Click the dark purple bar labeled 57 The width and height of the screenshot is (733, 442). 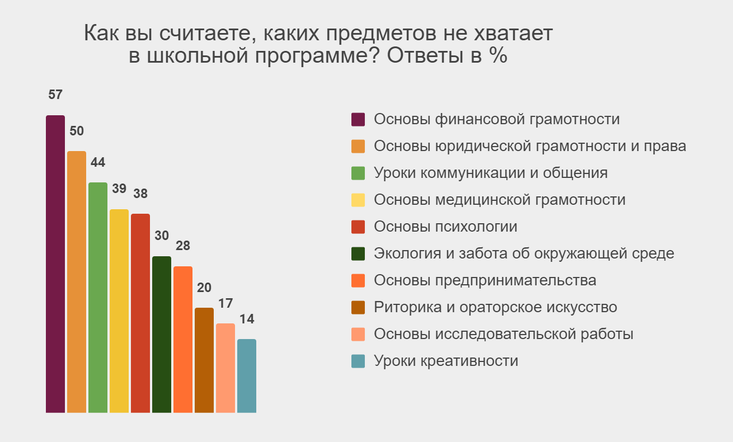point(55,264)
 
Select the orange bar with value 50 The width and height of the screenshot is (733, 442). point(77,282)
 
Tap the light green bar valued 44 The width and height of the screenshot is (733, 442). point(98,298)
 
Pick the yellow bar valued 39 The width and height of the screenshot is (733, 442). point(119,311)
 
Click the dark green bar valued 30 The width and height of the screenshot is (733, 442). point(162,335)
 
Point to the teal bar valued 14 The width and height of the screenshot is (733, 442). point(247,376)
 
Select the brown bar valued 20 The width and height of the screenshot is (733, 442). point(204,360)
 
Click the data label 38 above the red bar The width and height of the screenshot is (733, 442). point(140,194)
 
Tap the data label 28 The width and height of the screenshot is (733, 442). point(183,246)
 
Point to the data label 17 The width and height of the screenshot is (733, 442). point(225,304)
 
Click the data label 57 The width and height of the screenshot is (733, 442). point(55,95)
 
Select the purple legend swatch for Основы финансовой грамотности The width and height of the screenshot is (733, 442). point(358,119)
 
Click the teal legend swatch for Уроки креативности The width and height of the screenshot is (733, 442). point(358,361)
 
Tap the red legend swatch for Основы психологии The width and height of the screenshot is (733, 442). point(358,227)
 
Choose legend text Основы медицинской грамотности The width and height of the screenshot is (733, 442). point(500,200)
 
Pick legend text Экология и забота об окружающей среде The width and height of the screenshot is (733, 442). point(524,254)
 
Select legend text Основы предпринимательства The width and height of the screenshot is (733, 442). point(485,281)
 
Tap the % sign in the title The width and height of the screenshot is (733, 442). point(499,55)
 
